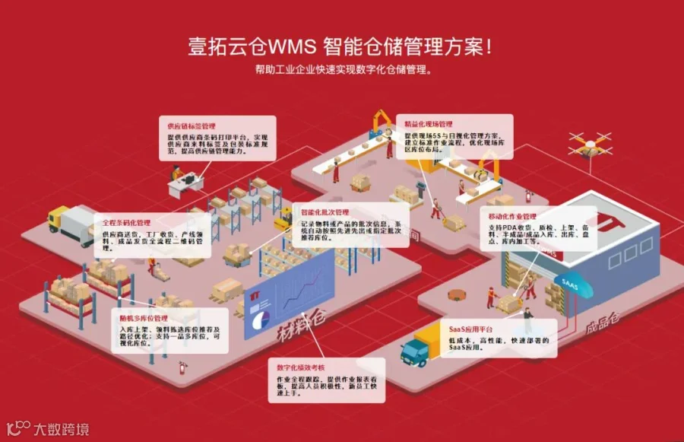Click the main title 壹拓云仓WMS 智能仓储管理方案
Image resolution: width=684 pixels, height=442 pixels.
tap(340, 46)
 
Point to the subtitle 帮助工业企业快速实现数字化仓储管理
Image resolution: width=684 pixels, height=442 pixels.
tap(344, 71)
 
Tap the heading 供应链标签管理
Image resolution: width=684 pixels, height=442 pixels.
tap(192, 124)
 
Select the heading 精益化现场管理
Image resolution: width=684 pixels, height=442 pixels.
tap(429, 123)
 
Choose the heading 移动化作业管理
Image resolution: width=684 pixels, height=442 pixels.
tap(513, 217)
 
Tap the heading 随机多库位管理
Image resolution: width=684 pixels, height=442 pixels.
tap(144, 317)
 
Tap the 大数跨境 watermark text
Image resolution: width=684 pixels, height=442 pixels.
tap(61, 428)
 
